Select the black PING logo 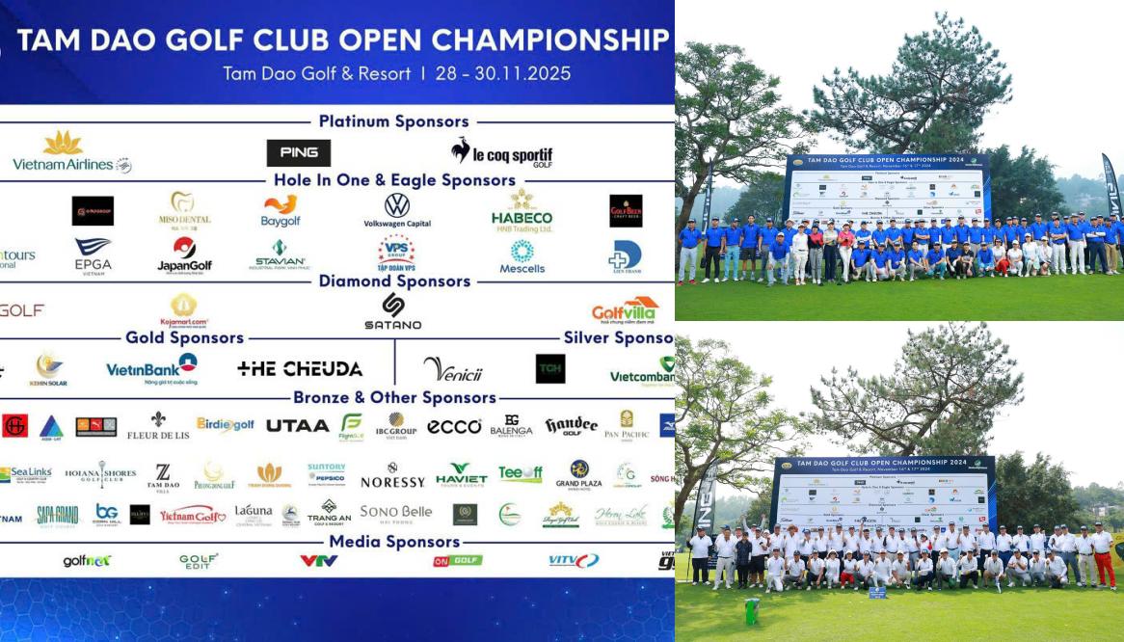pyautogui.click(x=298, y=153)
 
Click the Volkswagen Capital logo pyautogui.click(x=397, y=210)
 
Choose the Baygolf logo pyautogui.click(x=280, y=210)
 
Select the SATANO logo pyautogui.click(x=392, y=311)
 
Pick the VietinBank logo pyautogui.click(x=151, y=368)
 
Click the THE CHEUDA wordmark pyautogui.click(x=300, y=368)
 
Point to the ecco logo pyautogui.click(x=454, y=426)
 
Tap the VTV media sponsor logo pyautogui.click(x=318, y=560)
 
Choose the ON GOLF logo pyautogui.click(x=457, y=560)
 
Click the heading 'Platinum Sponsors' pyautogui.click(x=394, y=121)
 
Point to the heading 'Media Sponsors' pyautogui.click(x=395, y=541)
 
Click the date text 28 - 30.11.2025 pyautogui.click(x=502, y=73)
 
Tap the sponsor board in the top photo pyautogui.click(x=888, y=189)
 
